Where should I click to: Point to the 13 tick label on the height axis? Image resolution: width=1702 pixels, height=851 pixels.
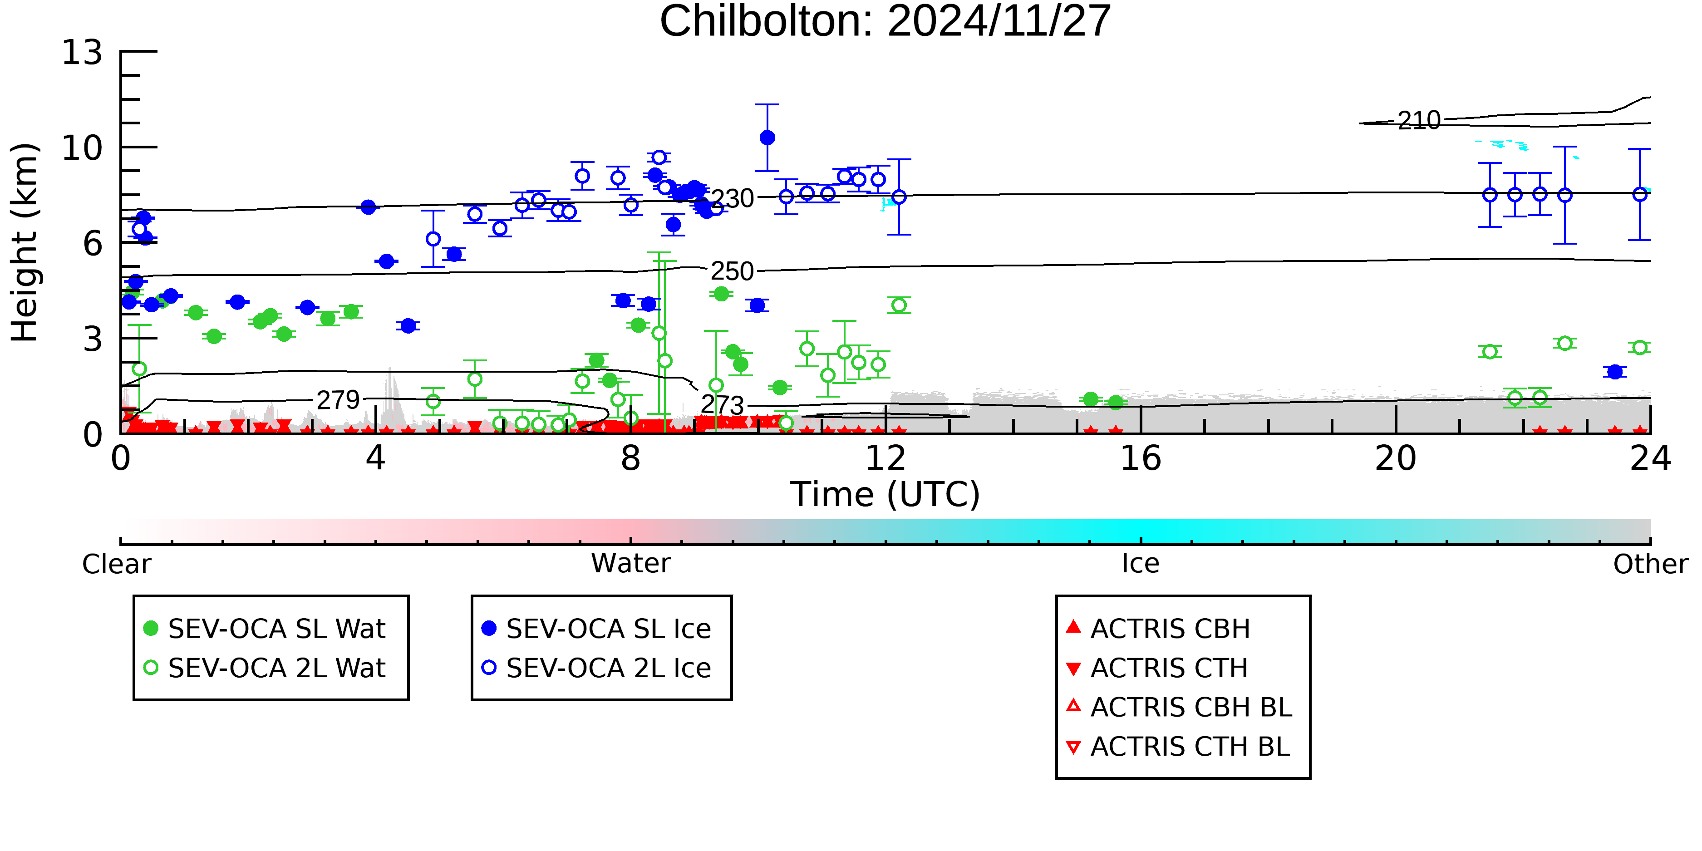click(x=82, y=53)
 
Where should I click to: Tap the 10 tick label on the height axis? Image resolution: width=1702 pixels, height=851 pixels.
click(x=82, y=148)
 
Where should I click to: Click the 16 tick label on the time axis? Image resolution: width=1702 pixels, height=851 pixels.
click(x=1141, y=458)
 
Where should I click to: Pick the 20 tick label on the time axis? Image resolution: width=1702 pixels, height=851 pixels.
click(x=1396, y=458)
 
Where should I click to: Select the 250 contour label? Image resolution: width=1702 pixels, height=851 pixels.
click(x=732, y=271)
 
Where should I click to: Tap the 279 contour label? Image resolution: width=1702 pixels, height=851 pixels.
click(x=338, y=400)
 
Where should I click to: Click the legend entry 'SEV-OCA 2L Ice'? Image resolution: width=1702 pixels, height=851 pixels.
click(x=608, y=669)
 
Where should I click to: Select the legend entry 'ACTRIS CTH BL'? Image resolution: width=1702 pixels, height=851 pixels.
click(x=1189, y=747)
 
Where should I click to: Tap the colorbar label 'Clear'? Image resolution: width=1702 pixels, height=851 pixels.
click(x=116, y=564)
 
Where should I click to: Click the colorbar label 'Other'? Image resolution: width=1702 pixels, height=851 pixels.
click(x=1650, y=564)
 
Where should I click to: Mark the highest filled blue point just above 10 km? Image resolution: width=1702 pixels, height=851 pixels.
click(x=767, y=138)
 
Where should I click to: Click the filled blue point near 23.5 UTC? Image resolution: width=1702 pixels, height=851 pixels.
click(x=1615, y=372)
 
